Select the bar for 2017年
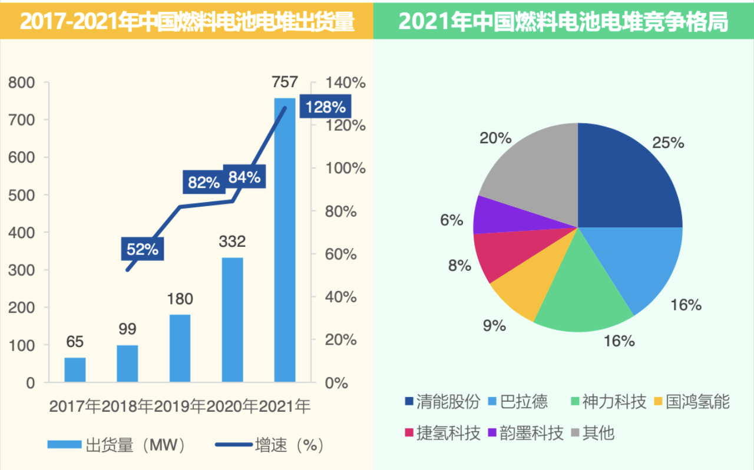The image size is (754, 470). [75, 370]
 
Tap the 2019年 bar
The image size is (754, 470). [180, 348]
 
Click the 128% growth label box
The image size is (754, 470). [325, 107]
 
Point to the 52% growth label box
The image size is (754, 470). [143, 249]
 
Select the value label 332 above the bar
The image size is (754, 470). [232, 241]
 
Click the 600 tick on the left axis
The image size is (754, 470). [22, 157]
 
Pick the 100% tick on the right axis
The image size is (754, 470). [346, 168]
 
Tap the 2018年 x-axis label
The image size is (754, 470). [127, 406]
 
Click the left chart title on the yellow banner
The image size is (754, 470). [187, 21]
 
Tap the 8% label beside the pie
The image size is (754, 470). [459, 266]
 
